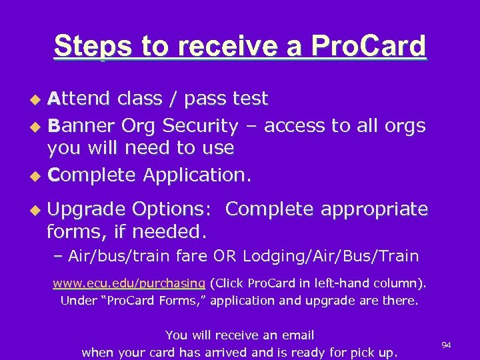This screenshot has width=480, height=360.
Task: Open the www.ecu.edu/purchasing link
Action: pyautogui.click(x=129, y=283)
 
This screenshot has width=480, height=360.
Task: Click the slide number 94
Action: pyautogui.click(x=446, y=345)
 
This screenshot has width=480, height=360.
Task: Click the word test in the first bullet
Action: pyautogui.click(x=249, y=99)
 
